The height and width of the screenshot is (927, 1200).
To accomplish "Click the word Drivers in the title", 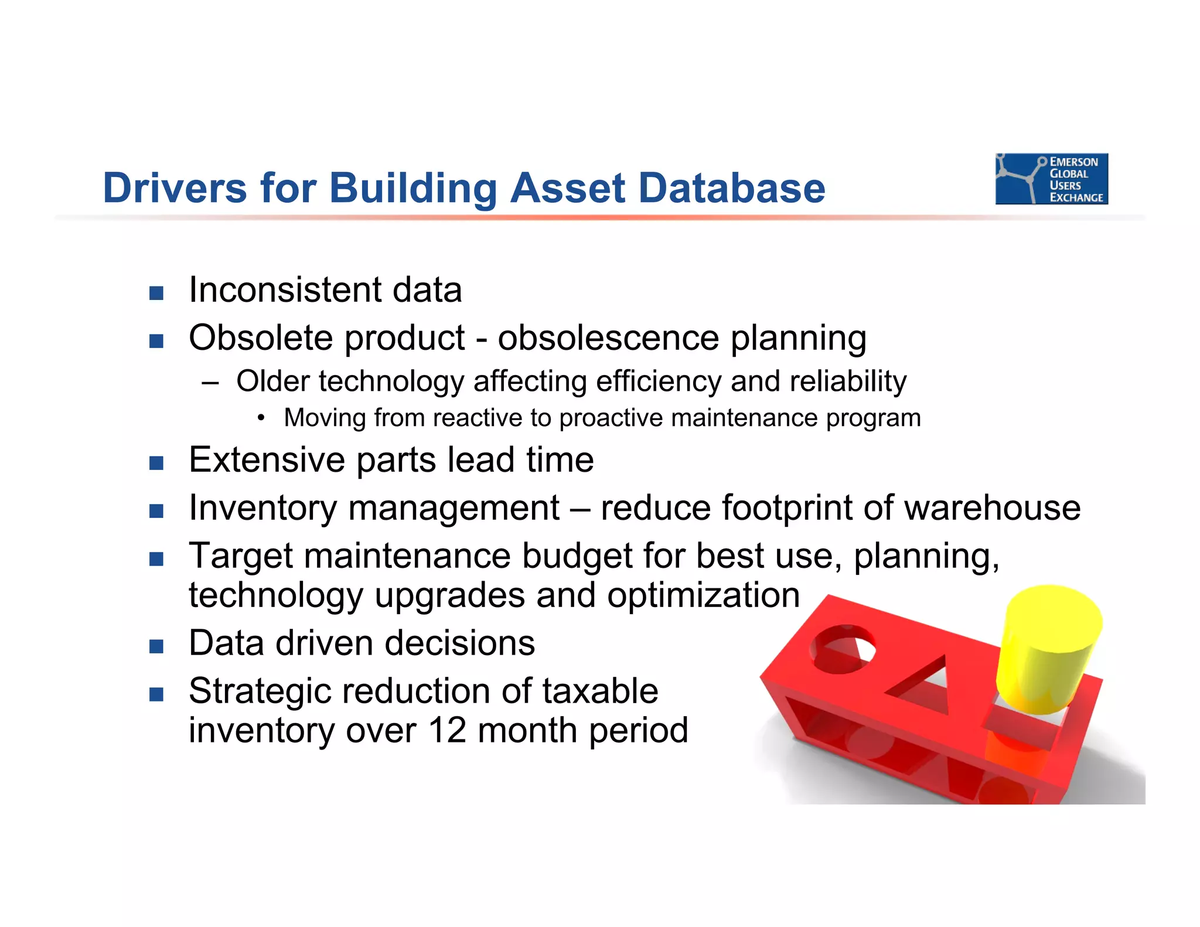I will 175,188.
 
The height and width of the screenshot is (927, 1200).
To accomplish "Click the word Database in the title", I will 731,188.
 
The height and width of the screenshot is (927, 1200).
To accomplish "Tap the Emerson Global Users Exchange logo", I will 1051,179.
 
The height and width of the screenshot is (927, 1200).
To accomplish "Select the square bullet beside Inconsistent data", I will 156,293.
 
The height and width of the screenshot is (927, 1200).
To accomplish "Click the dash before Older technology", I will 210,383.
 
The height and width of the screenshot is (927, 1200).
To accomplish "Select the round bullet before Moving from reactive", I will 261,418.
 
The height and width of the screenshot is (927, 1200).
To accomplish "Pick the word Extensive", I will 267,460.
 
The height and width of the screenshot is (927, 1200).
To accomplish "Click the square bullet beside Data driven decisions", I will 156,646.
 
